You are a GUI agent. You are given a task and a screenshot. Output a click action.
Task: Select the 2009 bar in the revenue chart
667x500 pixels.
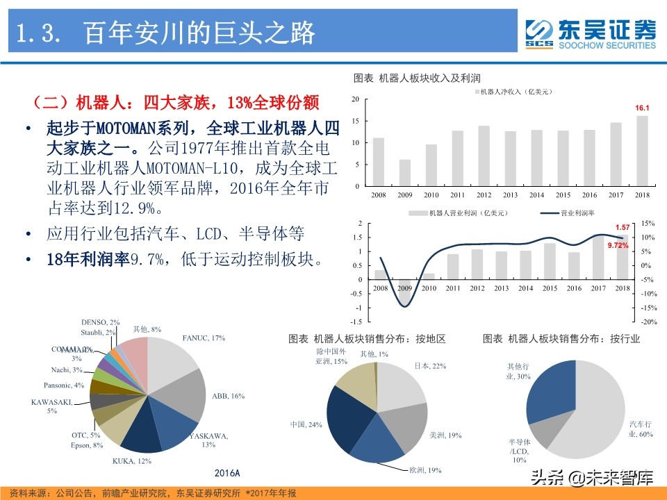pos(404,173)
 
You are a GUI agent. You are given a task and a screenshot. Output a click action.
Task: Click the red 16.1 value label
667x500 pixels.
pos(642,108)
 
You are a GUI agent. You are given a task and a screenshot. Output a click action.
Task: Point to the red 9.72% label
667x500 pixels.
pos(618,246)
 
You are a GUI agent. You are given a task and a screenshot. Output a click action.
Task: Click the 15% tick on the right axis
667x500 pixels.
pos(647,224)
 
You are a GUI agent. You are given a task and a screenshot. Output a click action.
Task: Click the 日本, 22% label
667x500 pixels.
pos(430,366)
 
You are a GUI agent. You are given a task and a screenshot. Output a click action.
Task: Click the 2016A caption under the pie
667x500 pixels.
pos(227,473)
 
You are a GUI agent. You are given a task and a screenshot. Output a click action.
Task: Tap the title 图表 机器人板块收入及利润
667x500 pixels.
pos(417,78)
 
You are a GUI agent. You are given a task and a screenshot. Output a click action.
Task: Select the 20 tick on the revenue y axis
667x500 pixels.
pos(355,99)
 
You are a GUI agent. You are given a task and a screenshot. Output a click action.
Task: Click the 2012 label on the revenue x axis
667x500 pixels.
pos(484,196)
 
